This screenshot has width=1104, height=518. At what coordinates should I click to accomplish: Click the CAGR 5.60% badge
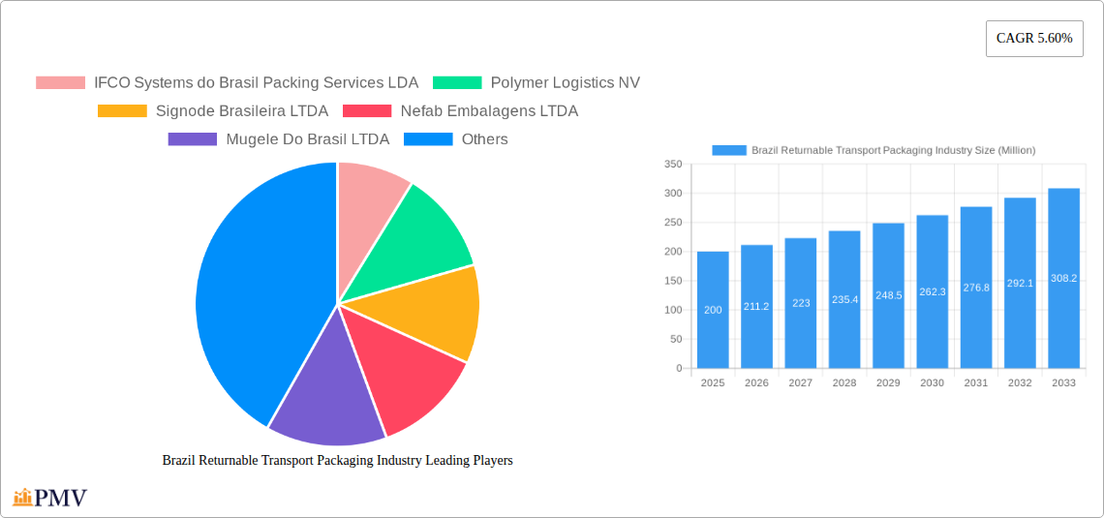(x=1033, y=39)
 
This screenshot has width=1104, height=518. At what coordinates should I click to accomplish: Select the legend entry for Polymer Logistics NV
(x=536, y=83)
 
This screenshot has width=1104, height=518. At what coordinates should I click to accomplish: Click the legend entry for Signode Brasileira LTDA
(x=212, y=111)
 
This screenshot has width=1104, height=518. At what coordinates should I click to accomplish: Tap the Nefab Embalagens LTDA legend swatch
(x=368, y=111)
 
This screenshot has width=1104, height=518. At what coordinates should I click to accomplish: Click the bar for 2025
(x=713, y=310)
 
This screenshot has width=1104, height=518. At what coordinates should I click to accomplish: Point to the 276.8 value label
(x=976, y=288)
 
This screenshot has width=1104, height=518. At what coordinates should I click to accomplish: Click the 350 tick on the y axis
(x=672, y=165)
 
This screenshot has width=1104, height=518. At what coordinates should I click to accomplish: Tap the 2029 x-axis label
(x=888, y=383)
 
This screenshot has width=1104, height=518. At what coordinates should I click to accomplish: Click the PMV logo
(x=50, y=498)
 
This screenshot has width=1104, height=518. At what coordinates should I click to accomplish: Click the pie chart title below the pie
(x=337, y=461)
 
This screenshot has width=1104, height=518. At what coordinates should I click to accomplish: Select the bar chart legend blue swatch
(x=728, y=150)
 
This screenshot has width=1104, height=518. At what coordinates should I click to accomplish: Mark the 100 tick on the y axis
(x=672, y=310)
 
